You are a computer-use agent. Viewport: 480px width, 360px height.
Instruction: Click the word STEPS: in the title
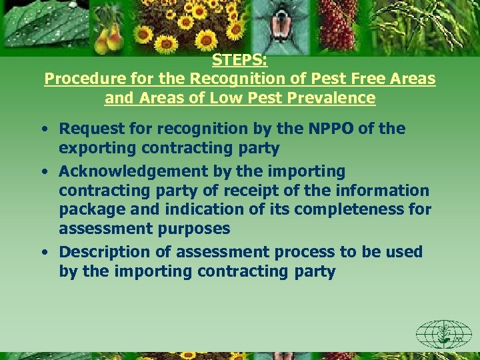point(240,60)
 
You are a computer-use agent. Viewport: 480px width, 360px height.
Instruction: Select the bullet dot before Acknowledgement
point(43,172)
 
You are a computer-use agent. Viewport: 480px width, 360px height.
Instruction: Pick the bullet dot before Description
point(43,253)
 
